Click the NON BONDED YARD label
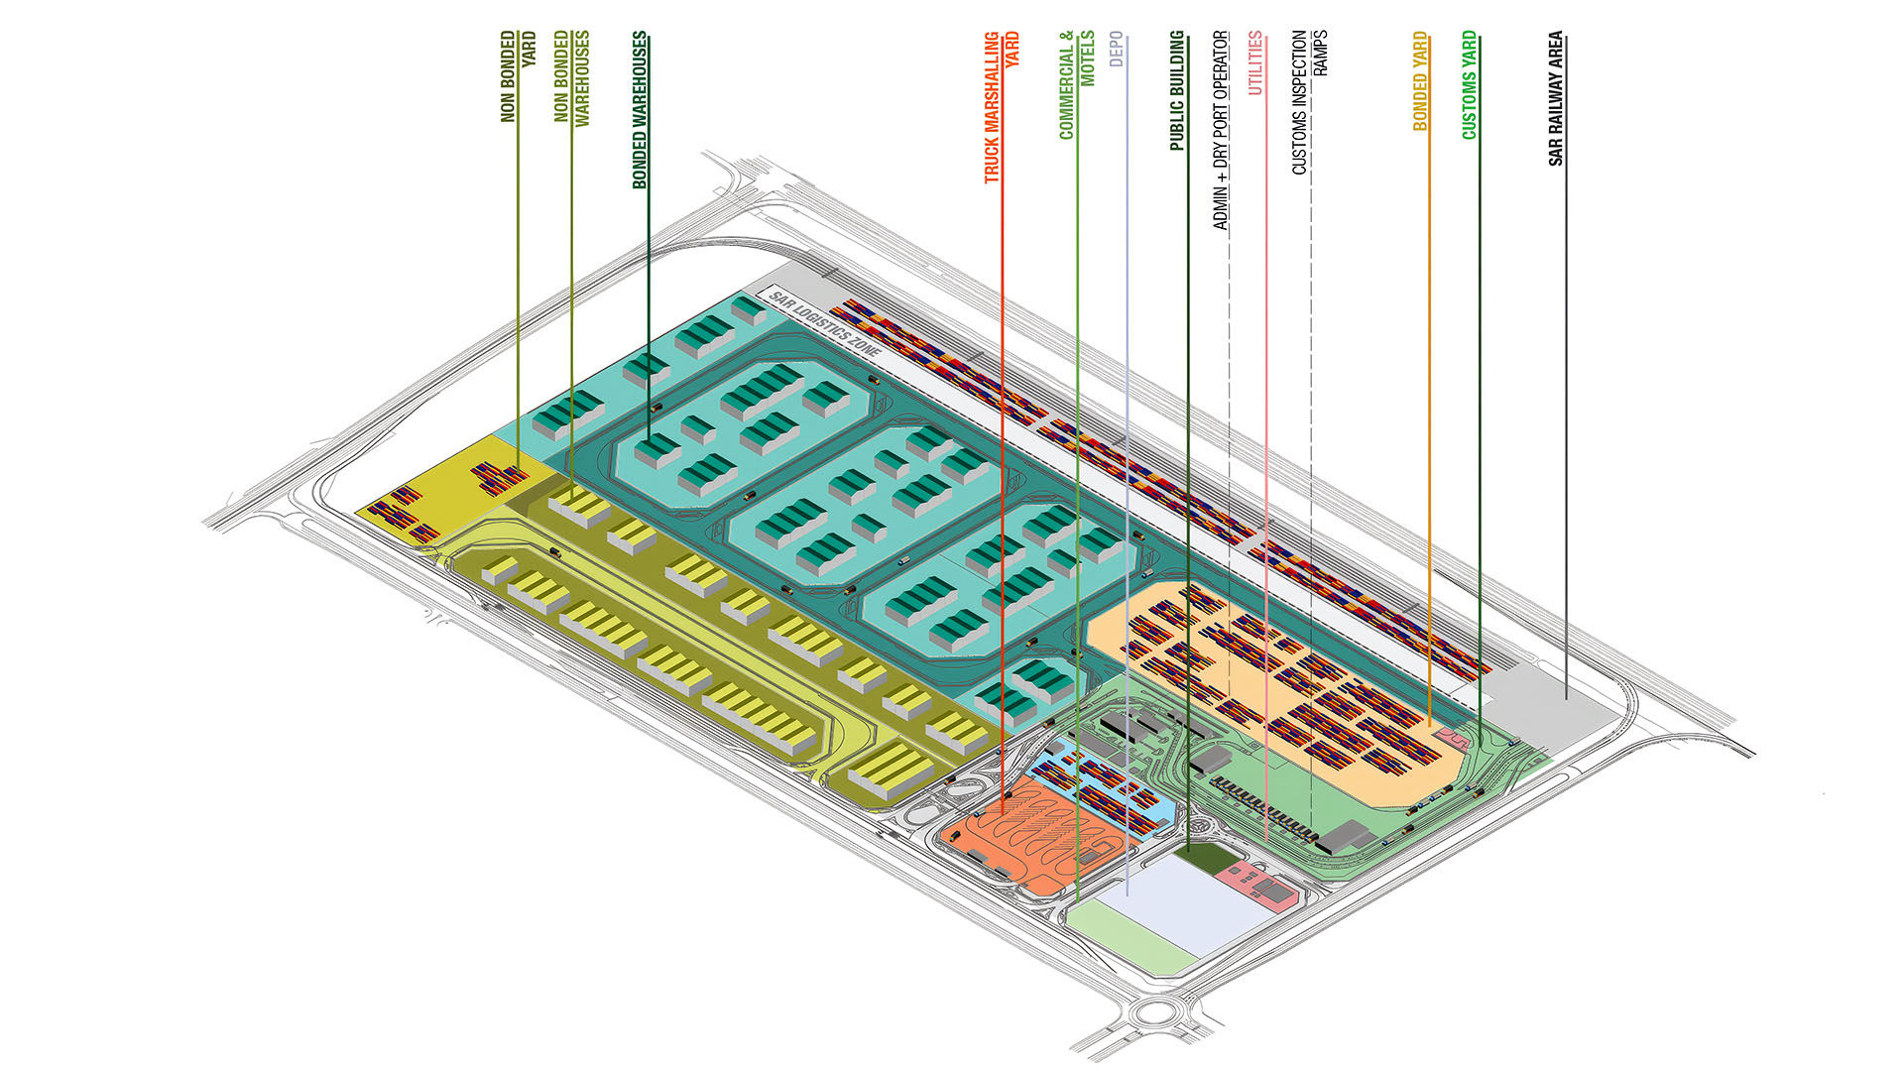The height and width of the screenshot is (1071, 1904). (x=518, y=76)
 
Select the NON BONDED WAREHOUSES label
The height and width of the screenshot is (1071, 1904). (x=572, y=77)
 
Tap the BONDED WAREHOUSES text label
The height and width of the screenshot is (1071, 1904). (x=640, y=109)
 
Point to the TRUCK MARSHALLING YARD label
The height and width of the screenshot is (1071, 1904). (x=1001, y=107)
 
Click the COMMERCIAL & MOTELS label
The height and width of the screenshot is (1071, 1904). (x=1077, y=85)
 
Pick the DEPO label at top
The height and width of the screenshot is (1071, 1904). (x=1117, y=50)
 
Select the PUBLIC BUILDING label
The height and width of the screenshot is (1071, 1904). (x=1177, y=90)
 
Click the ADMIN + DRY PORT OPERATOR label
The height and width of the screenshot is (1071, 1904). (x=1221, y=130)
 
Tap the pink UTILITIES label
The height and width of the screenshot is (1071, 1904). (x=1255, y=62)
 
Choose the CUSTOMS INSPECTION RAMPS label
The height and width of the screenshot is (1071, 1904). (x=1309, y=102)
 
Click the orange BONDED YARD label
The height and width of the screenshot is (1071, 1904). (x=1420, y=81)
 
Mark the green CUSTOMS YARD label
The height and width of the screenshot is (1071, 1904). (x=1470, y=84)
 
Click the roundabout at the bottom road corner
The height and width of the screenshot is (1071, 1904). (x=1155, y=1012)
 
